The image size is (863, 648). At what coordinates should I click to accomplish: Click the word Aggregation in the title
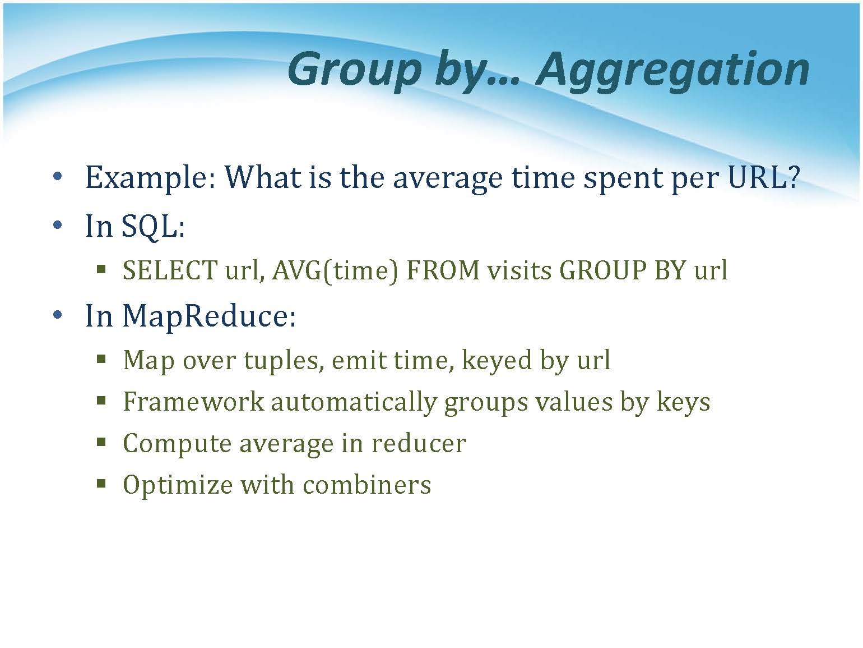[x=672, y=71]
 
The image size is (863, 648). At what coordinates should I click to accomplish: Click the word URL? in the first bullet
[x=763, y=177]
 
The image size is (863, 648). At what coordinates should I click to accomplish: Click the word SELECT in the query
[x=170, y=270]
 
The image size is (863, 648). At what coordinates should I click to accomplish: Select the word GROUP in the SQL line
[x=603, y=270]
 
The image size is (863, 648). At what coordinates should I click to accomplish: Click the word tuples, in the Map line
[x=284, y=361]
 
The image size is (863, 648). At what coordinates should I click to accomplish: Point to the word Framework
[x=193, y=402]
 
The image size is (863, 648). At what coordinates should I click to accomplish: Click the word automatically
[x=354, y=403]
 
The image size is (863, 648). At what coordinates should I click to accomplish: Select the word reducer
[x=419, y=443]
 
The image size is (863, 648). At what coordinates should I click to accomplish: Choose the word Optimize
[x=178, y=485]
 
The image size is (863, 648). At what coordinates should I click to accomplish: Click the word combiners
[x=367, y=484]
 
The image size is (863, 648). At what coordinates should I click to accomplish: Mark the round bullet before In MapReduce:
[x=57, y=315]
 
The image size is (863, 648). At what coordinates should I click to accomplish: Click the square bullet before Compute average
[x=101, y=442]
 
